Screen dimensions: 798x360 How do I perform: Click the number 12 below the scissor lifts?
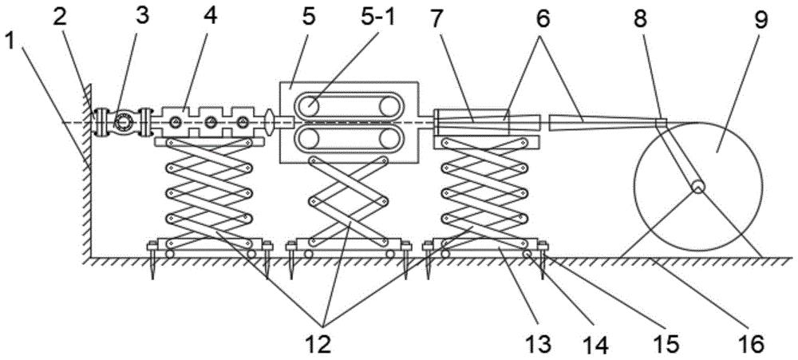pyautogui.click(x=322, y=344)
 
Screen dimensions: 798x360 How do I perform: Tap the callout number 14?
pyautogui.click(x=595, y=344)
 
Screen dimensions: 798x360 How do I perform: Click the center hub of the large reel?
pyautogui.click(x=698, y=188)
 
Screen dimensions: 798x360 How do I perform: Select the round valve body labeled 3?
pyautogui.click(x=123, y=122)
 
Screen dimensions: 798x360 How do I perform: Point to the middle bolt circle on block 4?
pyautogui.click(x=210, y=122)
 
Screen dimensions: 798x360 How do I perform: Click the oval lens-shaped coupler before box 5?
pyautogui.click(x=270, y=122)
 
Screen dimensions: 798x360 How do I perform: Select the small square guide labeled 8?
pyautogui.click(x=660, y=123)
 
